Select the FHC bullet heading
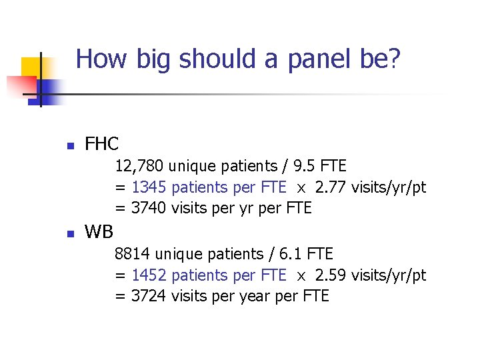point(102,143)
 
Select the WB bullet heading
point(99,232)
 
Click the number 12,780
point(139,165)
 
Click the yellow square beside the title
point(32,69)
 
